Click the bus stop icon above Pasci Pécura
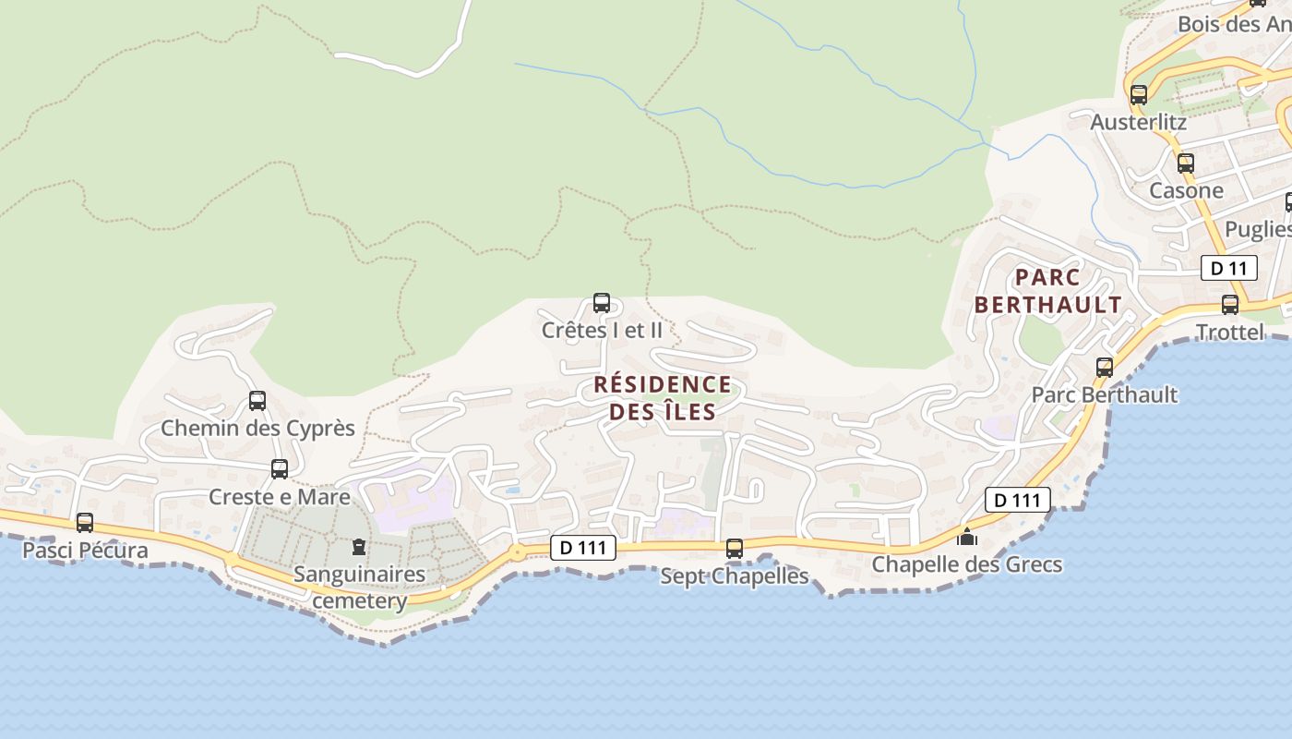[x=85, y=523]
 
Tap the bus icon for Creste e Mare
[x=280, y=469]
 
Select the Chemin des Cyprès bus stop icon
[x=257, y=401]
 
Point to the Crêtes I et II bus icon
[x=602, y=303]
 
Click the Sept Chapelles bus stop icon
[x=735, y=549]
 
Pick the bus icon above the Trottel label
[x=1230, y=305]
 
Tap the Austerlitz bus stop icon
[x=1139, y=95]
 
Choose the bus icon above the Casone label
[x=1186, y=164]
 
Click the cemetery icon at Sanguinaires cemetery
[x=359, y=547]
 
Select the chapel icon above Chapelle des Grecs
[x=967, y=537]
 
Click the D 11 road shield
[x=1229, y=269]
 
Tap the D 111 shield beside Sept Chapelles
[x=583, y=548]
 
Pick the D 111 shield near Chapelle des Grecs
[x=1018, y=500]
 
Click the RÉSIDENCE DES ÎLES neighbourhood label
[x=663, y=398]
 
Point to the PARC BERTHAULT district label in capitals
[x=1048, y=291]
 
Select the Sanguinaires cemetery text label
[x=360, y=588]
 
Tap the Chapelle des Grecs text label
[x=967, y=564]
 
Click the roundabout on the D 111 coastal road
[x=517, y=552]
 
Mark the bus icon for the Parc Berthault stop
[x=1104, y=368]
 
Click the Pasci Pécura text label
[x=85, y=551]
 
